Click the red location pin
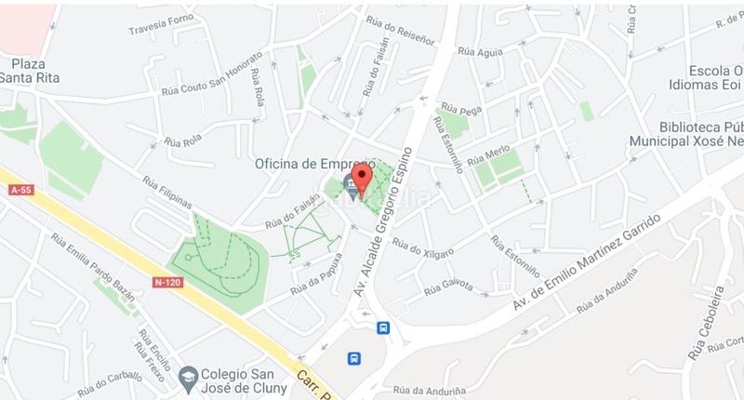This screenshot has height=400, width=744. click(364, 177)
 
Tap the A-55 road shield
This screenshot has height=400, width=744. click(20, 190)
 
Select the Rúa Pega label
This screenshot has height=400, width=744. click(462, 110)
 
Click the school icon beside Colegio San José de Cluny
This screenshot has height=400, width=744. click(187, 376)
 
